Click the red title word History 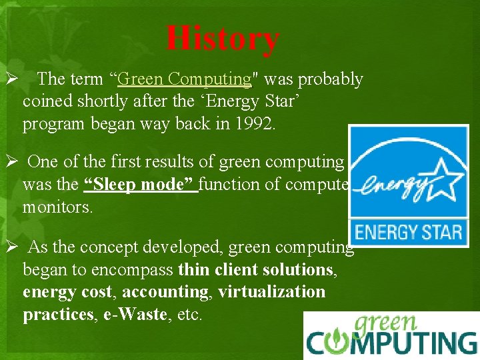click(223, 39)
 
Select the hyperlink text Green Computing click(183, 79)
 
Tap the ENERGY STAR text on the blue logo click(408, 233)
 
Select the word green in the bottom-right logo click(387, 324)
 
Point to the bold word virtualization click(271, 291)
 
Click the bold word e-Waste click(135, 315)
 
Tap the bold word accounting click(165, 291)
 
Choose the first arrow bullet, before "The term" click(11, 79)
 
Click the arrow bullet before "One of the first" click(11, 162)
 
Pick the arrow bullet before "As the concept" click(11, 247)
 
